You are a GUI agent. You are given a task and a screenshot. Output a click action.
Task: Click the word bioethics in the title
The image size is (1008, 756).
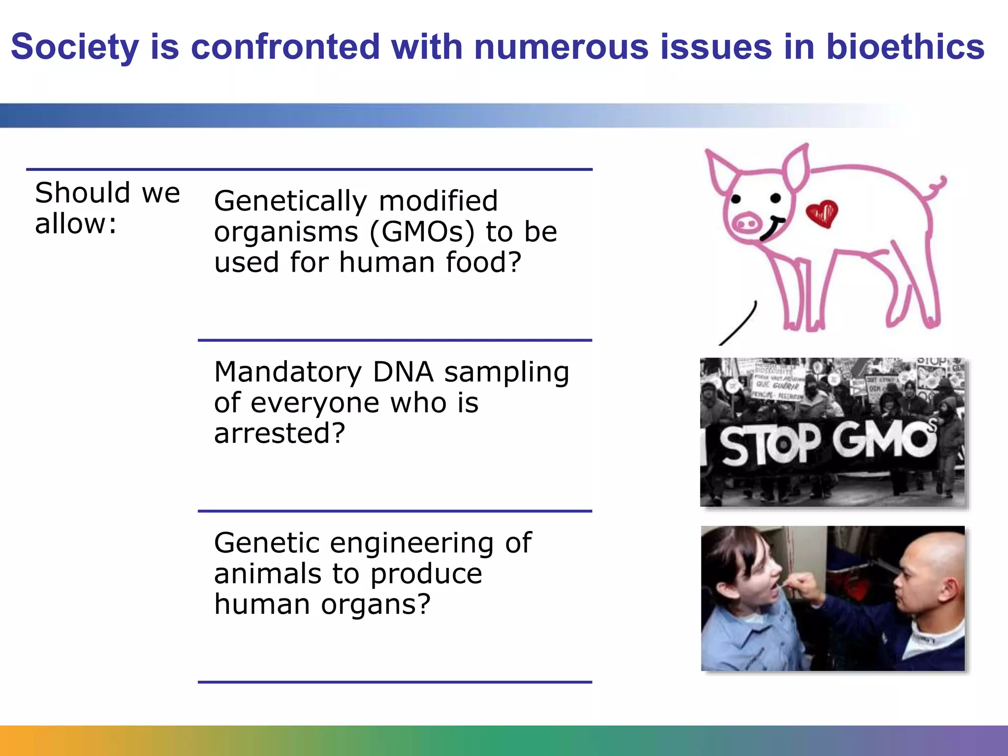905,47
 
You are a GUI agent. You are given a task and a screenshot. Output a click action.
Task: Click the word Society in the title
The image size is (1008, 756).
75,47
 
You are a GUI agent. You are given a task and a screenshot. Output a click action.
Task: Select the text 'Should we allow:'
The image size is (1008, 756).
107,208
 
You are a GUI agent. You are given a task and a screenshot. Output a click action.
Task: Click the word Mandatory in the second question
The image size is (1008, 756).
288,372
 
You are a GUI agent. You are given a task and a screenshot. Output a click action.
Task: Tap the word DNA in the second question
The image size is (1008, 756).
403,372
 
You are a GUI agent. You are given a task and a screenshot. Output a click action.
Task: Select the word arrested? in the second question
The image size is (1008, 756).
280,433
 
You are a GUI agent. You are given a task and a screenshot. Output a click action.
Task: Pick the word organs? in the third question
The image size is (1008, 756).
376,604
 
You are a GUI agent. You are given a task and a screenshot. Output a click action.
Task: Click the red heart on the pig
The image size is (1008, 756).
822,213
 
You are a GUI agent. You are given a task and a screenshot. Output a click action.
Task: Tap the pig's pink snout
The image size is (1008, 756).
747,224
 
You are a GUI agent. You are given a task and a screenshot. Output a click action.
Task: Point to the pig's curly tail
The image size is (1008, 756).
937,186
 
